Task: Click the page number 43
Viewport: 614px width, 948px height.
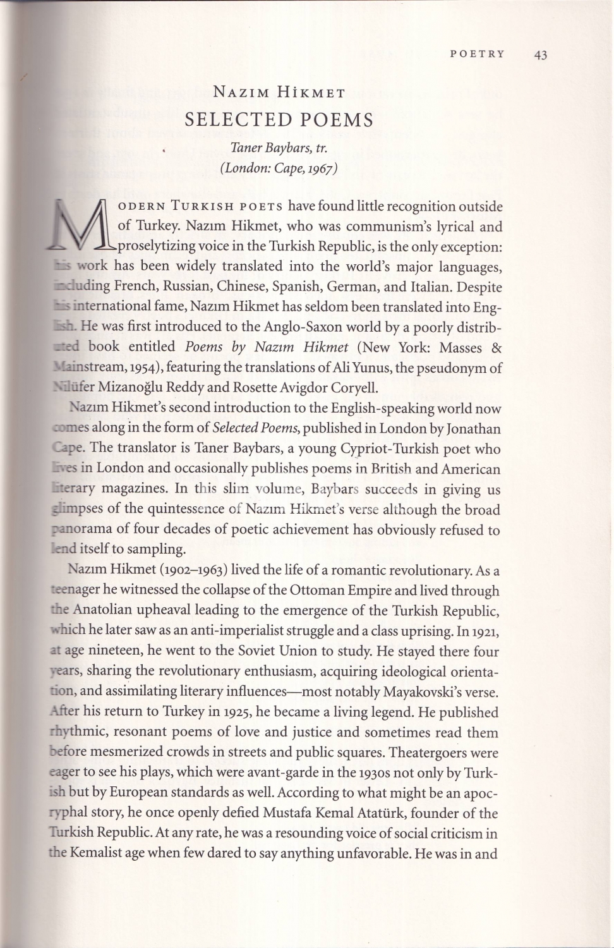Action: [540, 54]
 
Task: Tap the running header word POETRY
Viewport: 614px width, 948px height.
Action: [477, 54]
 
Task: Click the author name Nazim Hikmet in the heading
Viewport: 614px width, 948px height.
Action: [279, 94]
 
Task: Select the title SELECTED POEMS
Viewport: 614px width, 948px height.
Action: [279, 120]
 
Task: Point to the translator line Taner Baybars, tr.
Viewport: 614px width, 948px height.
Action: [278, 149]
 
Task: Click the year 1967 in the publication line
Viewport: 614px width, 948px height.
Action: [320, 168]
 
